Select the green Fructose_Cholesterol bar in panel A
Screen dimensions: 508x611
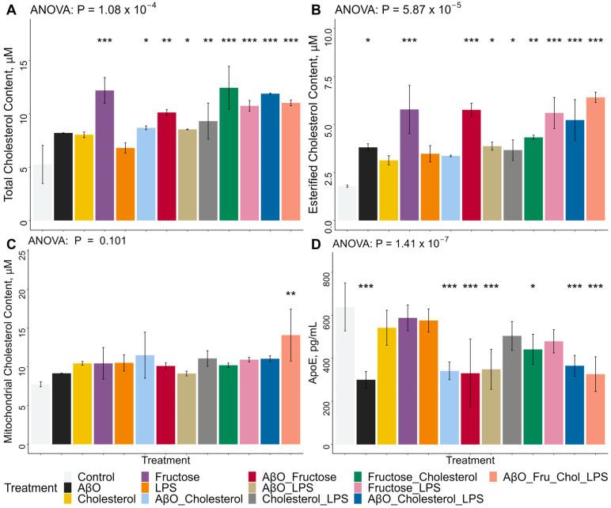(229, 154)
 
